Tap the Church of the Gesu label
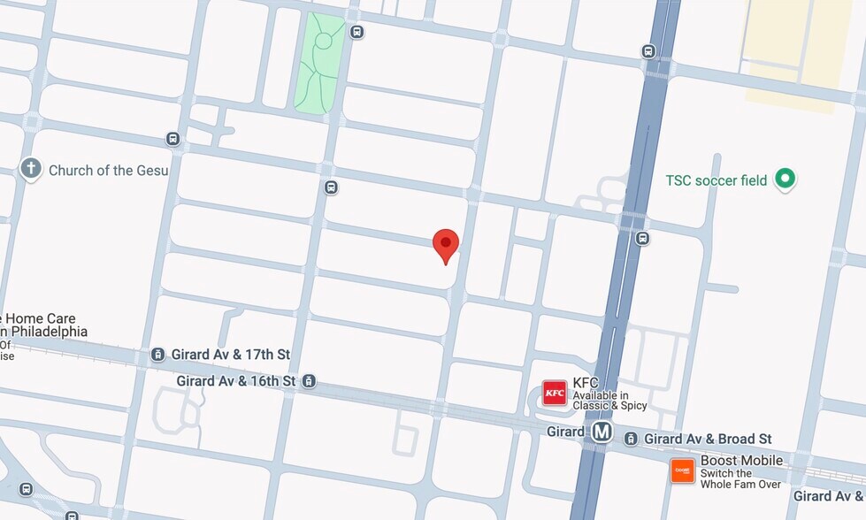point(108,170)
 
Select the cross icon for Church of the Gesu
point(31,168)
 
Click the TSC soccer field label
point(717,180)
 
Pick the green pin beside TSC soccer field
point(784,180)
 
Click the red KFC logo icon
point(555,393)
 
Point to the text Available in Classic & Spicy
point(609,401)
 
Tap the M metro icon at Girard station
point(602,432)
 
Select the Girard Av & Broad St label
point(708,439)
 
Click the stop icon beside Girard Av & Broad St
point(631,439)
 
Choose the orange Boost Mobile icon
point(682,471)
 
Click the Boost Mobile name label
point(741,460)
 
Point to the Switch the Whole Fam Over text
point(741,478)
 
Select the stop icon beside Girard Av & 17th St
point(157,355)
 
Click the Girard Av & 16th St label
point(235,381)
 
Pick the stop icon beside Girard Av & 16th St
point(309,381)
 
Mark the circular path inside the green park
point(323,41)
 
